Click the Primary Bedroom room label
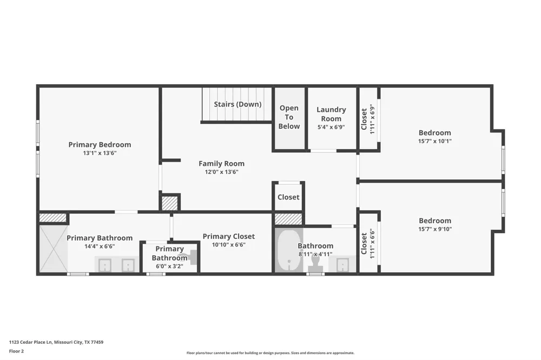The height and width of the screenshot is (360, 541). (100, 145)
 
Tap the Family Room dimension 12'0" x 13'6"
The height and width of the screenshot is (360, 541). (221, 172)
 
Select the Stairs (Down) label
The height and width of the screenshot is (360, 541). (237, 104)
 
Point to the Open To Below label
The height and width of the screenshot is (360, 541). (289, 117)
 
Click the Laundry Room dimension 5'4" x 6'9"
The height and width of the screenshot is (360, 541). (331, 127)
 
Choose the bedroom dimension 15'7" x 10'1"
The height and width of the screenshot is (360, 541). (435, 141)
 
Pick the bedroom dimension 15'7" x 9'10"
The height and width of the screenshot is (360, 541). (435, 229)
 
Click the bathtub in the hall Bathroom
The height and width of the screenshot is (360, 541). (289, 250)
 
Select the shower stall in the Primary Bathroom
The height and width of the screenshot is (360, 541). (54, 249)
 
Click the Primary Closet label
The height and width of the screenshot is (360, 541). (229, 236)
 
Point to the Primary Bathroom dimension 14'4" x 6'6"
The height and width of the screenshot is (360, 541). (100, 246)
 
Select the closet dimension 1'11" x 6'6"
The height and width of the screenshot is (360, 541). (372, 243)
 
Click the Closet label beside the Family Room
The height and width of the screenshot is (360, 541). (288, 197)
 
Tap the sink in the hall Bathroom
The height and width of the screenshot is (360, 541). (342, 264)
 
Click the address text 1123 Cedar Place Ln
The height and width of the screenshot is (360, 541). (30, 342)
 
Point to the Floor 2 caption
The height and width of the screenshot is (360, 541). (16, 351)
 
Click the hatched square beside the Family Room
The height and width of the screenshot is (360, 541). (170, 203)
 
